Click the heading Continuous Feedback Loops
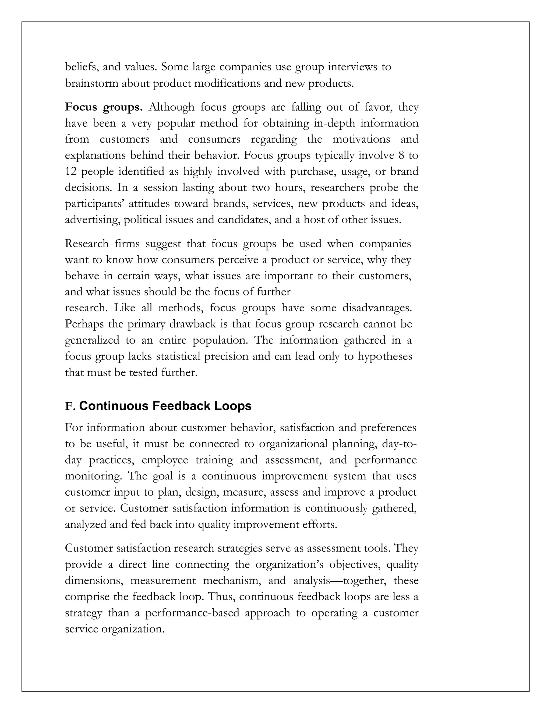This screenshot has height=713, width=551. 165,406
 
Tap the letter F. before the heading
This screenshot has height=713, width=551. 70,407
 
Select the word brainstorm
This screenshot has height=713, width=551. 92,83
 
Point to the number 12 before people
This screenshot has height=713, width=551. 70,171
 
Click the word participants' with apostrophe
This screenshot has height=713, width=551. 95,203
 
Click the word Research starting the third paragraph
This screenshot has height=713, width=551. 87,243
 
